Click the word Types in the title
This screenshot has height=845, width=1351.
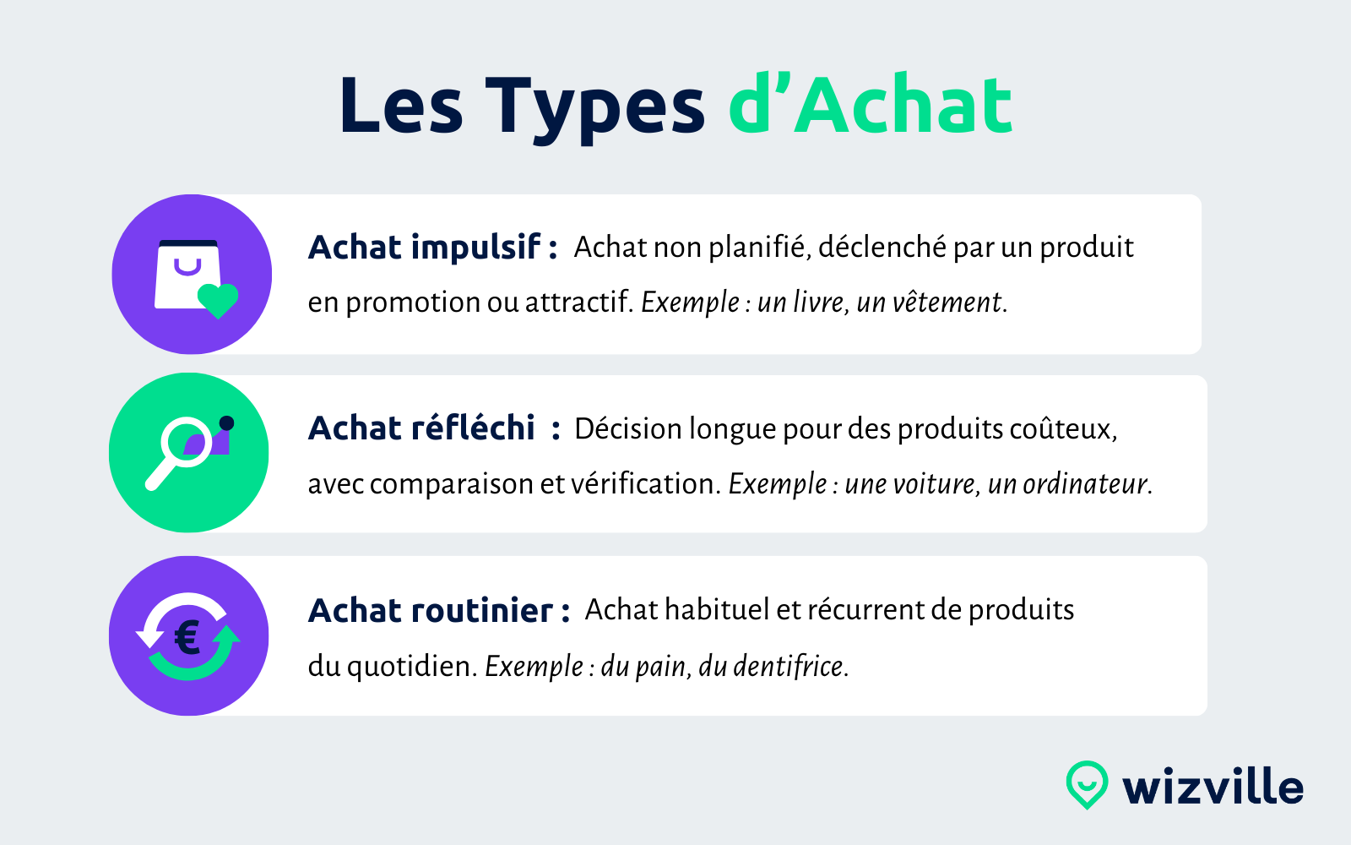(x=594, y=107)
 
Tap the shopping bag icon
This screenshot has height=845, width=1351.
(x=187, y=275)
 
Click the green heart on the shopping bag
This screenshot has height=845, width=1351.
(x=218, y=300)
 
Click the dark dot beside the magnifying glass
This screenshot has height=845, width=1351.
(x=226, y=423)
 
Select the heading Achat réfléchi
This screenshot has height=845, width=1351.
(x=421, y=428)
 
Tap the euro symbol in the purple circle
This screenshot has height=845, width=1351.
(x=187, y=637)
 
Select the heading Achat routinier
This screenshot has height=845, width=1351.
(x=431, y=610)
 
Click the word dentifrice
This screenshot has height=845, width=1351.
(x=789, y=667)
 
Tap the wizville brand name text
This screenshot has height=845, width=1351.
(x=1213, y=788)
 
